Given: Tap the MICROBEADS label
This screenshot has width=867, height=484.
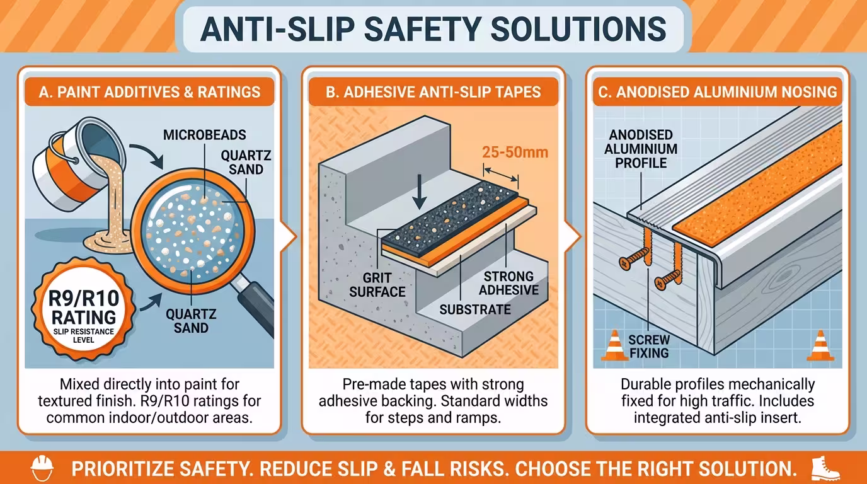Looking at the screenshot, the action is point(204,135).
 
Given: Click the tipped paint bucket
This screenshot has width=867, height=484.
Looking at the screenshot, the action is point(79,164).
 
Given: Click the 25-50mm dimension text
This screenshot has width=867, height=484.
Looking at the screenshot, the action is point(515,152).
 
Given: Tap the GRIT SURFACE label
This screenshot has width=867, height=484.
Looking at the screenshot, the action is point(377,285).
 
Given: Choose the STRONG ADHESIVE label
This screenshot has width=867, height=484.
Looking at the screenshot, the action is point(508,283).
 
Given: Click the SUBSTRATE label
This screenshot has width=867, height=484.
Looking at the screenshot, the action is point(475,309).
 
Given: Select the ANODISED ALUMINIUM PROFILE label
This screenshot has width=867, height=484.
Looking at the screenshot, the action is point(641,149).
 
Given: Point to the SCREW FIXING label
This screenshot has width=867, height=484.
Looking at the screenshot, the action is point(649,346).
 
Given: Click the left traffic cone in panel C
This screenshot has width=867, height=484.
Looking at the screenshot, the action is point(614,345).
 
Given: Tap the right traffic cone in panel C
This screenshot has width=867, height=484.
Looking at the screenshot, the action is point(820,345).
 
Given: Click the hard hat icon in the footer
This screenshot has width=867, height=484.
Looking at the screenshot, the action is point(42,468).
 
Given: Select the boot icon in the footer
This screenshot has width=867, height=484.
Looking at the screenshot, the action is point(825,468).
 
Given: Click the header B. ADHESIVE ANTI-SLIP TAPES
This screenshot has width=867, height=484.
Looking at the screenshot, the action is point(433,92).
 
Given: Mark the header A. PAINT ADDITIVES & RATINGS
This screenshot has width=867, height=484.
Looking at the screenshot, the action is point(149,92).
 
